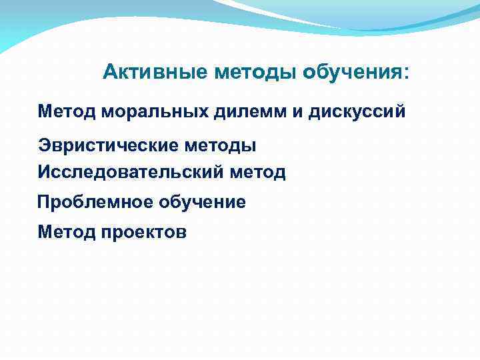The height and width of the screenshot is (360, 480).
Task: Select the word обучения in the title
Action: pos(353,72)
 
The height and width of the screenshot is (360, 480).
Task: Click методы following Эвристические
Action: pos(221,145)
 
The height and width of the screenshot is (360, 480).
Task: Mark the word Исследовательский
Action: pos(131,173)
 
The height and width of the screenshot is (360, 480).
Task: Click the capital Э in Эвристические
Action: pos(43,145)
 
